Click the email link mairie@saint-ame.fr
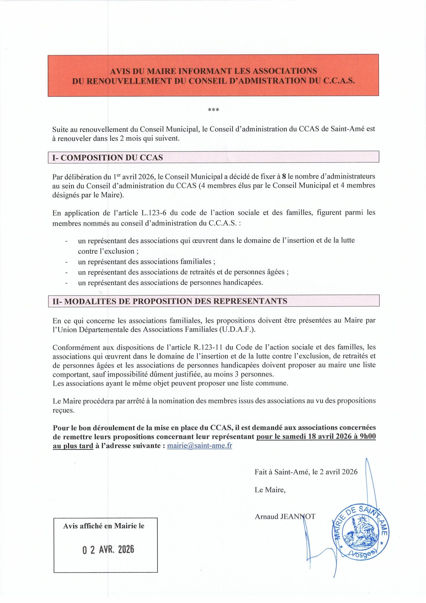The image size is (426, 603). [x=200, y=446]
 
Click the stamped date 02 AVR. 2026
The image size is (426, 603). [x=108, y=550]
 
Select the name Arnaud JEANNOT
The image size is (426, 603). [x=285, y=516]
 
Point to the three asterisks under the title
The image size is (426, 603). [x=213, y=110]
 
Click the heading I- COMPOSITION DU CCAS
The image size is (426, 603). [x=108, y=158]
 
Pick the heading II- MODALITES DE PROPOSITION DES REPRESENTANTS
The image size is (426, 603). [x=170, y=301]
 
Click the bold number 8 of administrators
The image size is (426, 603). [x=284, y=177]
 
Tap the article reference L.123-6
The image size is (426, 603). [x=154, y=213]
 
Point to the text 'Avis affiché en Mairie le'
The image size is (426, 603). [x=104, y=526]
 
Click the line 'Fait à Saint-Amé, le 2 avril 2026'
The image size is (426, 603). [x=306, y=472]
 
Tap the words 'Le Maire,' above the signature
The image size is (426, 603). [x=270, y=490]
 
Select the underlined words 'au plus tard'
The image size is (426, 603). [x=73, y=446]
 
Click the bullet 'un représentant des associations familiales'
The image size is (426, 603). [x=147, y=262]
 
